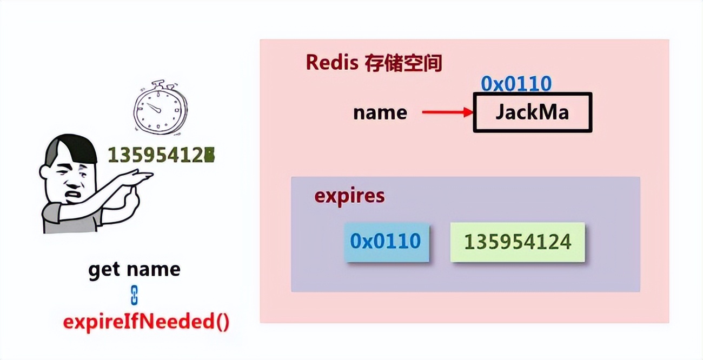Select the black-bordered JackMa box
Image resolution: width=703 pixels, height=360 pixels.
(x=533, y=112)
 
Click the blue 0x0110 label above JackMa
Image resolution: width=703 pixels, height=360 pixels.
(x=516, y=84)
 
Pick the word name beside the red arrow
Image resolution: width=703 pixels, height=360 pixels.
(x=380, y=112)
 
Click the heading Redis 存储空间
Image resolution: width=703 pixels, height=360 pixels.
(x=374, y=63)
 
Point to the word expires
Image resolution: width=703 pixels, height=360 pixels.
(x=349, y=196)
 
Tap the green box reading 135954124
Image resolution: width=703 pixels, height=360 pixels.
(x=518, y=242)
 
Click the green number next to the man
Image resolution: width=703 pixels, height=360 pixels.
(x=161, y=156)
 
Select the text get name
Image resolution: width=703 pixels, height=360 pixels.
(x=134, y=269)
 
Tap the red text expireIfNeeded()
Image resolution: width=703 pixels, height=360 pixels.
(x=146, y=322)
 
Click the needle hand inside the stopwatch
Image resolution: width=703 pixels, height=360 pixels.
(x=156, y=109)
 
